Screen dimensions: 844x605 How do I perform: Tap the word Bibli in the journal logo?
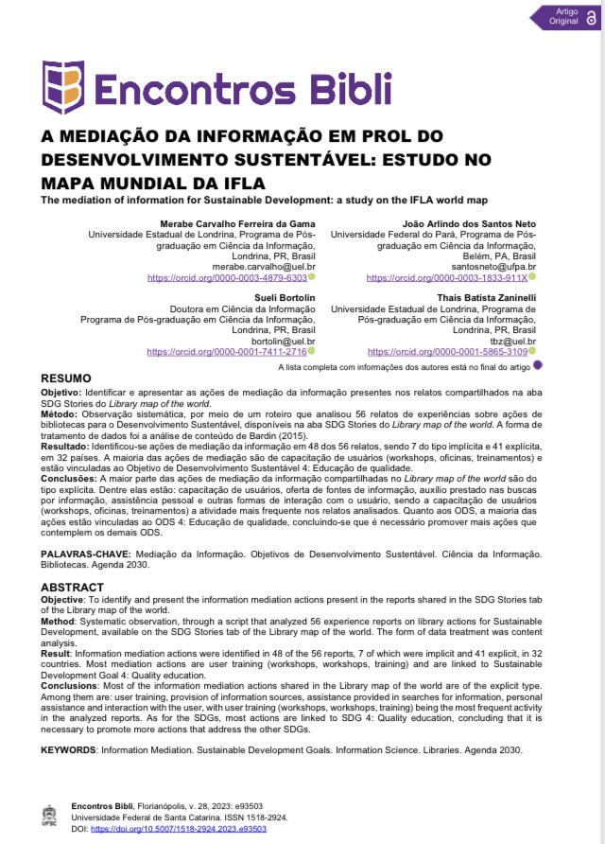pos(339,88)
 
